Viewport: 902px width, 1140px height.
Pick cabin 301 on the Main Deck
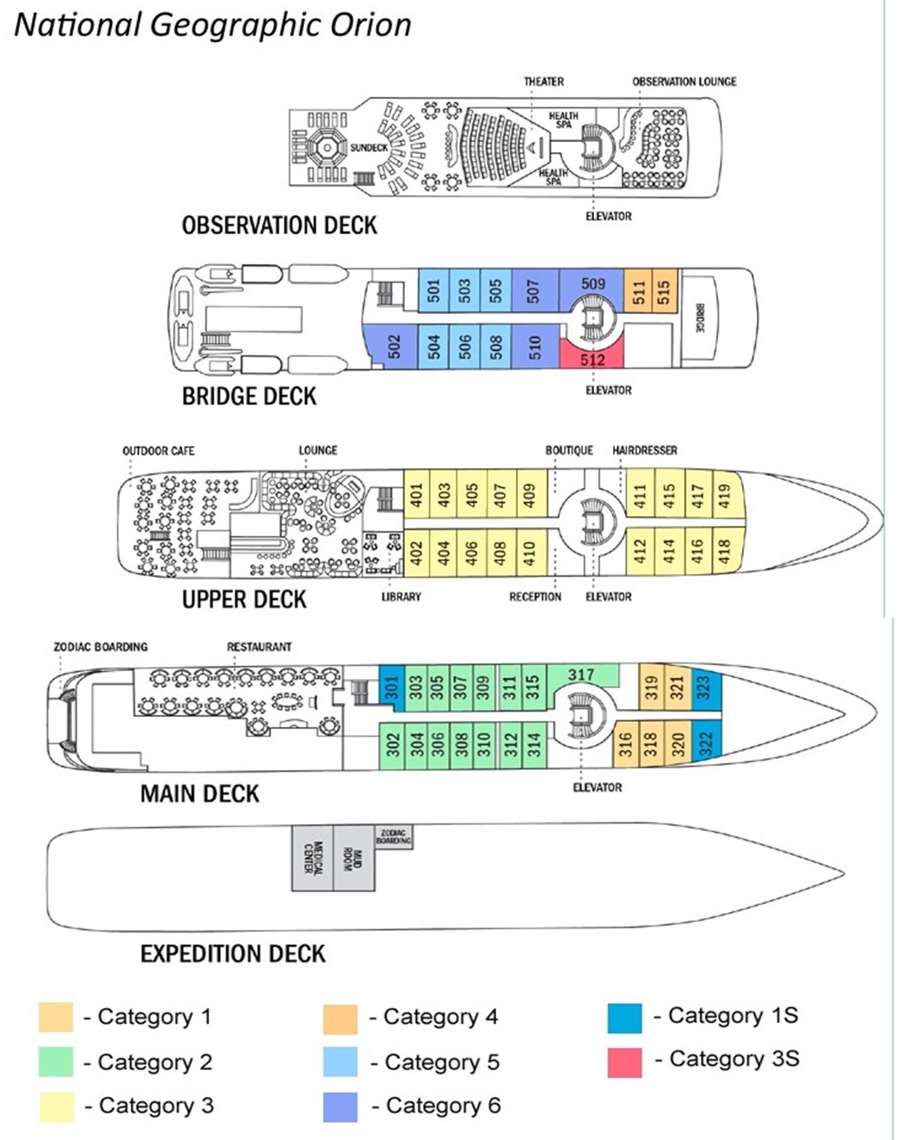tap(392, 687)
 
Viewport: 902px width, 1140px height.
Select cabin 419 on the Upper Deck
tap(725, 494)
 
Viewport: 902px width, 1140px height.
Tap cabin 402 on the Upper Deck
tap(416, 551)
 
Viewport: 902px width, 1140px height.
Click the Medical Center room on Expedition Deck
tap(312, 858)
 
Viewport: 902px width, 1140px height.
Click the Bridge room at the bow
tap(700, 318)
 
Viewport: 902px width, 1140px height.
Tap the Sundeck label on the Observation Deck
tap(368, 148)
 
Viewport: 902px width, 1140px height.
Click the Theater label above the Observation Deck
tap(543, 82)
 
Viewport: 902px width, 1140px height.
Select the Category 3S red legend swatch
tap(624, 1062)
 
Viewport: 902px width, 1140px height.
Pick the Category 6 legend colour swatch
tap(341, 1106)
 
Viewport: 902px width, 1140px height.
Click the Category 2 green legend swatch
tap(56, 1063)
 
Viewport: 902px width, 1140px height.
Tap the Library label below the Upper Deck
tap(401, 596)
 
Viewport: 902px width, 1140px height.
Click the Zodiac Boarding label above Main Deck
tap(101, 646)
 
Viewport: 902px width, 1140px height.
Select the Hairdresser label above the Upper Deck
tap(644, 450)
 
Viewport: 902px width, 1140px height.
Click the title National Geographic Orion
tap(213, 25)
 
